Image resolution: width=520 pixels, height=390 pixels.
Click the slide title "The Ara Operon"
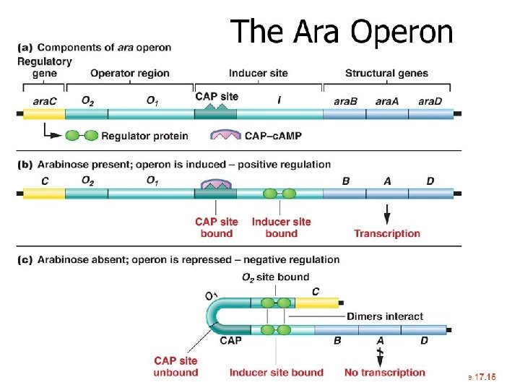(342, 32)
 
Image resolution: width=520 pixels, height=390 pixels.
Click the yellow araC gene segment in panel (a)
(44, 113)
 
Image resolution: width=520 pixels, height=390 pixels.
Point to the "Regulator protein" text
(144, 135)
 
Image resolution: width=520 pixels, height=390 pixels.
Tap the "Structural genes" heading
(386, 73)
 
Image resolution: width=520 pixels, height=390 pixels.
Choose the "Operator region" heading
(130, 73)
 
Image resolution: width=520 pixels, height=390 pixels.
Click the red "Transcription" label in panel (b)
(386, 233)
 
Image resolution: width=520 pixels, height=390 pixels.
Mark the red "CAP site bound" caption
(216, 227)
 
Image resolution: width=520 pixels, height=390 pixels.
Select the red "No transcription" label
(385, 373)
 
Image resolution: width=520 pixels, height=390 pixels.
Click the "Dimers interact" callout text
(385, 316)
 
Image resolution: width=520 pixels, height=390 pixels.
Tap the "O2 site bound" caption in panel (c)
(276, 277)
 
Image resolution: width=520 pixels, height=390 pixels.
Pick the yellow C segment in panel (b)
(44, 194)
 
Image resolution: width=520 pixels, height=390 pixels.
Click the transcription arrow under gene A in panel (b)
(387, 214)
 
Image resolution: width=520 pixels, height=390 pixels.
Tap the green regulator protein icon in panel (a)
(82, 135)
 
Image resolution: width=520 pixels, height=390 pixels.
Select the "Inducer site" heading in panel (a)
(258, 73)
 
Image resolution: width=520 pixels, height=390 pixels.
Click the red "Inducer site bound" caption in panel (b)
(281, 227)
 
